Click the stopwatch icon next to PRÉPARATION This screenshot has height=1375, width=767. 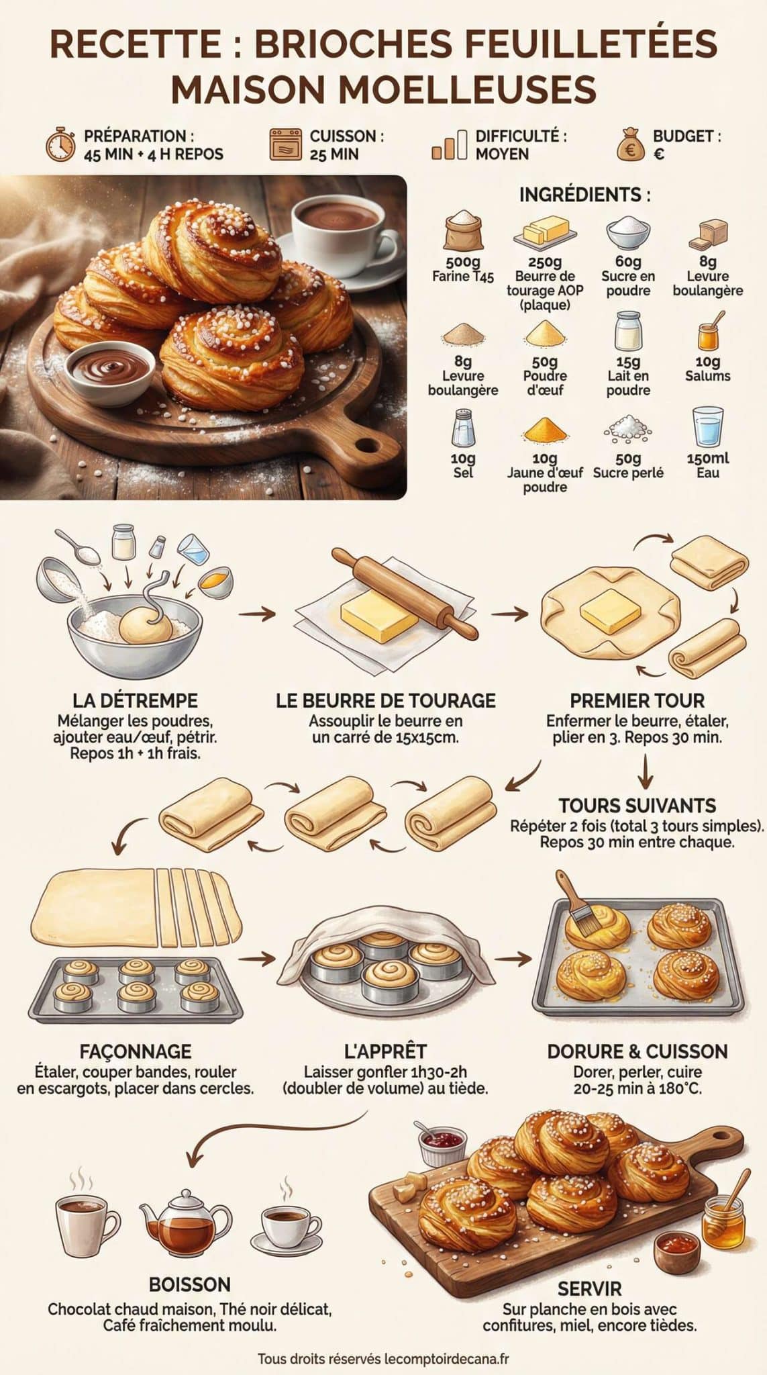(60, 144)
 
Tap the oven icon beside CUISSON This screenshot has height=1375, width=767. (286, 144)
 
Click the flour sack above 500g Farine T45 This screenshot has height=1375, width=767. (463, 231)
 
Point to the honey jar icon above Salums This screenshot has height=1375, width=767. (709, 332)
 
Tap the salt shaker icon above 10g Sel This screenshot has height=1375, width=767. (462, 428)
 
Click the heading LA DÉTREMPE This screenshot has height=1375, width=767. (135, 701)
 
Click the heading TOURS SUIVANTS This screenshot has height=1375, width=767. (637, 805)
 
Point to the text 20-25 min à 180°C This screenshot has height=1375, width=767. (637, 1088)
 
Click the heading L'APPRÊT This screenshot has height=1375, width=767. (385, 1051)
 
